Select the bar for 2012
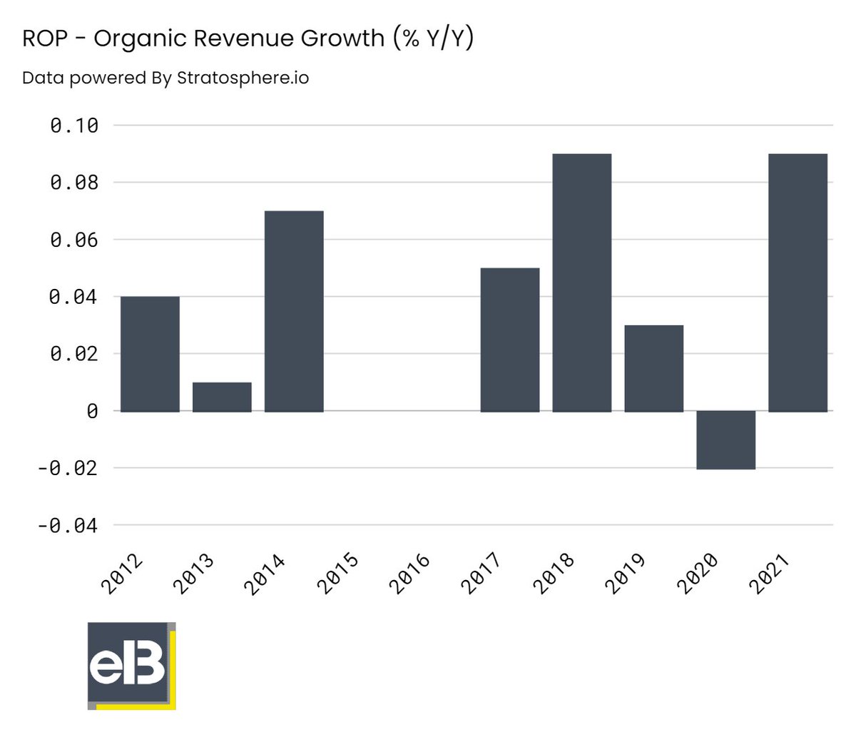click(x=150, y=354)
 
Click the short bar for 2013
click(x=222, y=397)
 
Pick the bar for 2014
click(x=294, y=311)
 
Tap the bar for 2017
click(x=510, y=340)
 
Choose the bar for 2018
click(x=582, y=283)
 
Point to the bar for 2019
click(x=654, y=368)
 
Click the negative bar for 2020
click(x=725, y=439)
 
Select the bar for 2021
click(x=798, y=283)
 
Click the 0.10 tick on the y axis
click(x=74, y=126)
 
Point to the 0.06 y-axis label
click(x=74, y=240)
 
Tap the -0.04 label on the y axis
click(x=68, y=526)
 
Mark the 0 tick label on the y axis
click(x=92, y=412)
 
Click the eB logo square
click(x=130, y=664)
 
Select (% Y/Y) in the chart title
click(x=432, y=38)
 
